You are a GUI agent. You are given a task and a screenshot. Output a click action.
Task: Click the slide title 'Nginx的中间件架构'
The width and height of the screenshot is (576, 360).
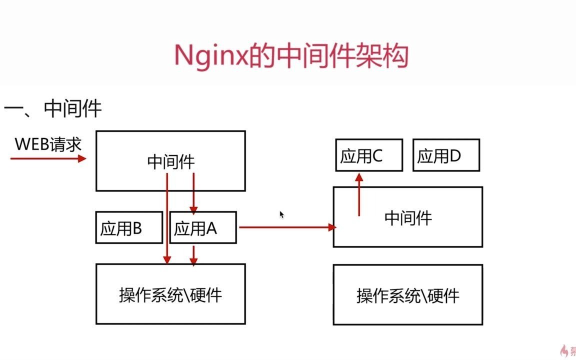coord(291,55)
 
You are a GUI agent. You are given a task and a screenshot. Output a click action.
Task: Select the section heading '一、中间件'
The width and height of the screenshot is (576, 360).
coord(53,108)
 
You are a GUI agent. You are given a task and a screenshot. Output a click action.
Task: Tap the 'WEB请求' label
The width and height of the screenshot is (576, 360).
coord(48,144)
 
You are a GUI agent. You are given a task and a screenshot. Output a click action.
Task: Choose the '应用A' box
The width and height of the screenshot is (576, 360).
coord(202,228)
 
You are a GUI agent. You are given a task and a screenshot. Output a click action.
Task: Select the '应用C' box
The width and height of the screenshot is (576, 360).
coord(369,156)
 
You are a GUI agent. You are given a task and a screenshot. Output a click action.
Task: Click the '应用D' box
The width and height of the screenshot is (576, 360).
coord(446,156)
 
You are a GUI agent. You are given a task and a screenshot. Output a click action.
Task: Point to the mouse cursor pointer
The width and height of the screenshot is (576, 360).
coord(282,214)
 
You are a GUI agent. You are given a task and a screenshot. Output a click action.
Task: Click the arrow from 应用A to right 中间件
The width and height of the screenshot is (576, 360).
coord(287,227)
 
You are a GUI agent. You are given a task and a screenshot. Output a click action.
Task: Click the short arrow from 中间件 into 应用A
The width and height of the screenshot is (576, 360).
coord(193,193)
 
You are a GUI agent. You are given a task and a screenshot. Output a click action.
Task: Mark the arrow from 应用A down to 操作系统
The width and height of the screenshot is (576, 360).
coord(193,254)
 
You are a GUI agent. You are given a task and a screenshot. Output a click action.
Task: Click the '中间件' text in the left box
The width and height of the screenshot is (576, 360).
coord(171,161)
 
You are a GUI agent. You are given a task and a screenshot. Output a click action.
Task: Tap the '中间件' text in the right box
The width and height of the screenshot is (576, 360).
coord(408,217)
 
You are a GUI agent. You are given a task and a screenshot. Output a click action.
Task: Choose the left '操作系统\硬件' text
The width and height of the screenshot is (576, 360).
coord(170,295)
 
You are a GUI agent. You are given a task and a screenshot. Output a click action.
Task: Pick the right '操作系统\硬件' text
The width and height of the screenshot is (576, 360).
coord(408,295)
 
